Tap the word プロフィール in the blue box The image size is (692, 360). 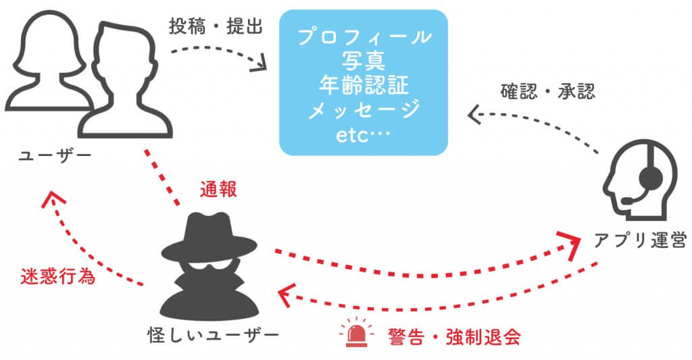tap(364, 36)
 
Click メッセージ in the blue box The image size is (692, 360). tap(364, 109)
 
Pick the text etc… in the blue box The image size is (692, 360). tap(364, 134)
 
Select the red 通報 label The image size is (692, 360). tap(218, 189)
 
